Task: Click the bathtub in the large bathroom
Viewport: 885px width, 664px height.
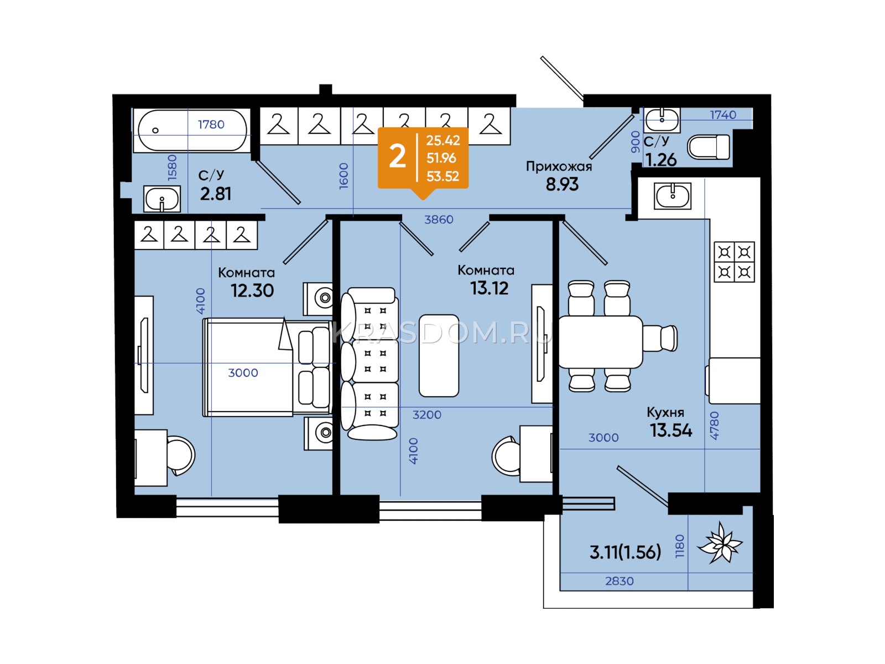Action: (x=192, y=130)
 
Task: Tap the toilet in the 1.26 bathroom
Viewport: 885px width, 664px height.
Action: (x=709, y=147)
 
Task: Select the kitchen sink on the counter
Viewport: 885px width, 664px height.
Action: (x=673, y=196)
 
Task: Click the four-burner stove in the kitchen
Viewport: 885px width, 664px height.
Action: (x=734, y=262)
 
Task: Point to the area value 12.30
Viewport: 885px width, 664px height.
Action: (x=252, y=290)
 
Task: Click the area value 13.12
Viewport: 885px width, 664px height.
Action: (x=489, y=288)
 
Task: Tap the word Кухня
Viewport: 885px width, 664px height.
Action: (x=665, y=412)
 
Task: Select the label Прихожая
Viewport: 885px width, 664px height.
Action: (x=559, y=167)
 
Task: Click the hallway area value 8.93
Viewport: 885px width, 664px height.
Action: (x=562, y=184)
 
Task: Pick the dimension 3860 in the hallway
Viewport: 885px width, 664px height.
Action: (x=439, y=219)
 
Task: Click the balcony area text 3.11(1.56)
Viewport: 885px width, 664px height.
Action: (x=626, y=552)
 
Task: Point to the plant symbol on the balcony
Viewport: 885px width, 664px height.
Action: (x=720, y=542)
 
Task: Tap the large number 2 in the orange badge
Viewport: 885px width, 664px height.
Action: (x=397, y=157)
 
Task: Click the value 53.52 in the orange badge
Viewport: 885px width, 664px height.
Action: (x=442, y=176)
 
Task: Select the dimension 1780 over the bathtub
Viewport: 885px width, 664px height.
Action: (x=211, y=124)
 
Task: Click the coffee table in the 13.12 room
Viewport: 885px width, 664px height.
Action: (x=439, y=356)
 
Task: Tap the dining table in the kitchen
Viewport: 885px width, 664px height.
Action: (x=600, y=342)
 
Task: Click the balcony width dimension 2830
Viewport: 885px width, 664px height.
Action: (x=619, y=581)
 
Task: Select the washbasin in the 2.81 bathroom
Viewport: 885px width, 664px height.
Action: (x=162, y=199)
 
